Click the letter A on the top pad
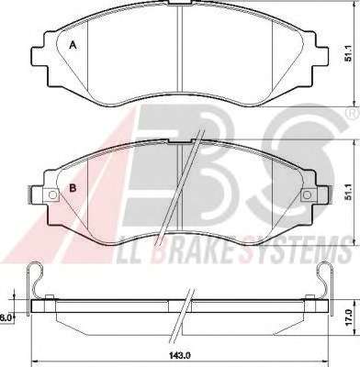tap(73, 45)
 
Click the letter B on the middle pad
tap(73, 188)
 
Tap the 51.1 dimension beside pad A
tap(348, 55)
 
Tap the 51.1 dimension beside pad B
tap(348, 194)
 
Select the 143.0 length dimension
tap(180, 355)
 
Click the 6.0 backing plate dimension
tap(6, 317)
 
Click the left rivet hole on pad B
tap(52, 195)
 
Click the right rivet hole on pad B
tap(307, 195)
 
